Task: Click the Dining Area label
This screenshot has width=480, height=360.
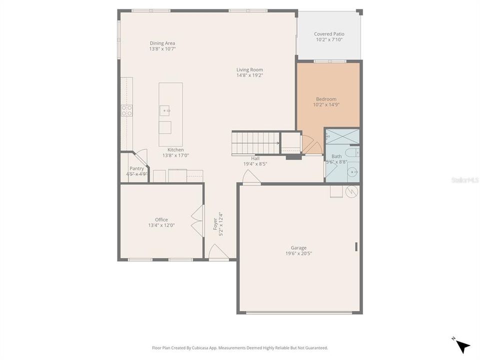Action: [162, 43]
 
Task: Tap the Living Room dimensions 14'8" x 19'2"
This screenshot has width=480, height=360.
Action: [249, 75]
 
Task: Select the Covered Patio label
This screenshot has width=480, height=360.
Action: [329, 34]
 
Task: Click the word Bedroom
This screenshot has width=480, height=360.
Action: [326, 99]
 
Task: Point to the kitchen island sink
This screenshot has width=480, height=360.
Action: [165, 110]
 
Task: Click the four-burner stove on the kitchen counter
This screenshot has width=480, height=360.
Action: [126, 110]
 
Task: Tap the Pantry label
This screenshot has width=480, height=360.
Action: [136, 168]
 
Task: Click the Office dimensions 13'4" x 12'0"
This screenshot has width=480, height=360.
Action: [161, 225]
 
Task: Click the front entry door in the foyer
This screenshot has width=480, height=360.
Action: [218, 253]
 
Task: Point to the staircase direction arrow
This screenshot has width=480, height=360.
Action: [277, 143]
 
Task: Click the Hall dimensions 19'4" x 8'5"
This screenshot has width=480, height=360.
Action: [255, 163]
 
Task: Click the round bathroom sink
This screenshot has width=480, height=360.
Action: [353, 172]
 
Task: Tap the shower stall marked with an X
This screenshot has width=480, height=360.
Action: [342, 136]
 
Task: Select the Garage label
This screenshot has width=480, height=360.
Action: [298, 247]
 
